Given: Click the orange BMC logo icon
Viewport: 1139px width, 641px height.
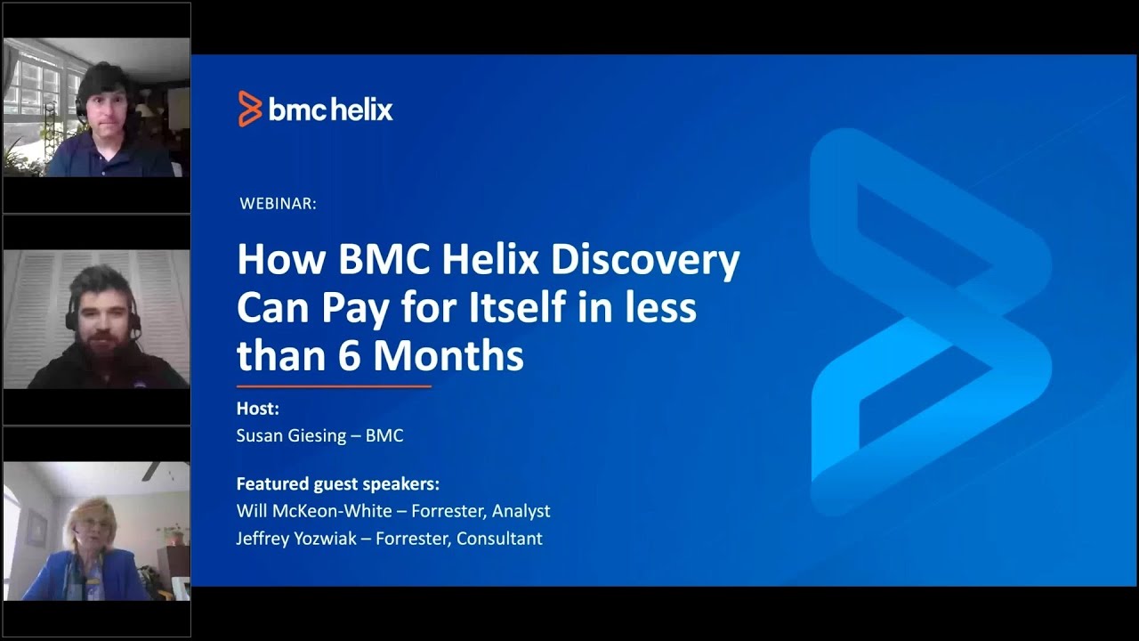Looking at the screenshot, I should tap(250, 110).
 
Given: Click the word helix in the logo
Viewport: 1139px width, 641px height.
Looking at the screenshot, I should tap(361, 110).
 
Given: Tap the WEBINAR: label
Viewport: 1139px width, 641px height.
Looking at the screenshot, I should tap(278, 204).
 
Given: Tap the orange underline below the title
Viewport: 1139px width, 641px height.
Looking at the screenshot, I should tap(334, 386).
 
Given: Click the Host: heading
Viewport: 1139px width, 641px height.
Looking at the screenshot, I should tap(258, 409).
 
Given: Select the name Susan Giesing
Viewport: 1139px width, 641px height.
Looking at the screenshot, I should tap(291, 435).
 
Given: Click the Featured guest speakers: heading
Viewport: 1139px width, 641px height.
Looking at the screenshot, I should tap(337, 484).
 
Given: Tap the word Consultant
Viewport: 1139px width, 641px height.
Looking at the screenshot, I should tap(499, 538).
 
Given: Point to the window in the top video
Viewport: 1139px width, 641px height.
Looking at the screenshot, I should tap(34, 89).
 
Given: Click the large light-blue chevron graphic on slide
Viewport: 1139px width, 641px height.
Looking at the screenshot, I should tap(930, 320).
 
